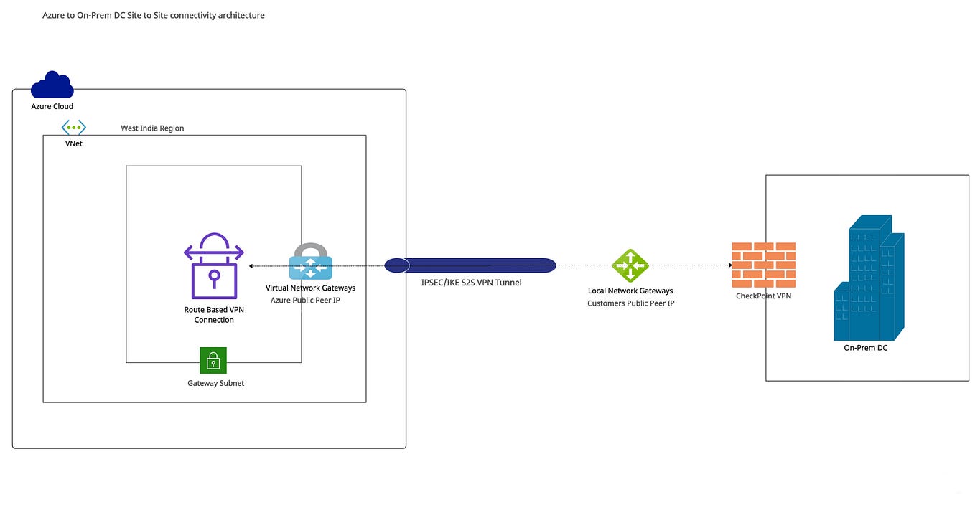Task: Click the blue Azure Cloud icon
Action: click(52, 85)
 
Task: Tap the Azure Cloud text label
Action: click(52, 106)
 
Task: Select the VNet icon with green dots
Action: click(73, 128)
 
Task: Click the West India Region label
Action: click(152, 128)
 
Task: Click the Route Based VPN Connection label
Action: click(214, 315)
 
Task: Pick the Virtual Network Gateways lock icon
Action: click(310, 262)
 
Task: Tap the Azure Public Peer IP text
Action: click(305, 300)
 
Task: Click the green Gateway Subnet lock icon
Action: click(213, 361)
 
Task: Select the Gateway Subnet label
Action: click(215, 383)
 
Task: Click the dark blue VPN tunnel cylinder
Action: click(470, 265)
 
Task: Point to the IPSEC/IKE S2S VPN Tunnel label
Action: click(471, 283)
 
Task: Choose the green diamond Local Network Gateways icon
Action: click(630, 265)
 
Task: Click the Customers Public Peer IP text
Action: click(630, 303)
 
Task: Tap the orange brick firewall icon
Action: click(763, 265)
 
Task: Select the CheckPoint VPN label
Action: click(763, 296)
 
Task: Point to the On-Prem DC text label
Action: click(865, 348)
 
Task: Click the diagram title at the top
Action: click(154, 15)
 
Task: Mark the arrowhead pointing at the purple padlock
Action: click(251, 266)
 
